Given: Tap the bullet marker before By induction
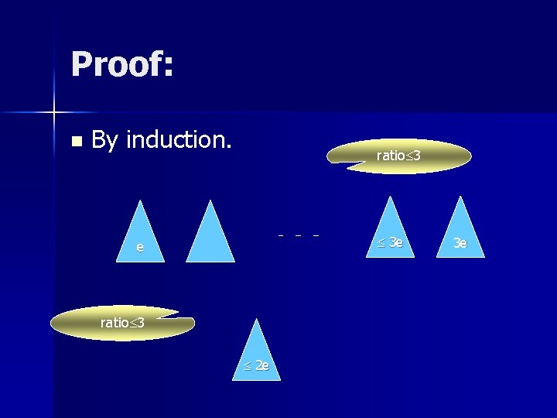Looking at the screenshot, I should tap(75, 142).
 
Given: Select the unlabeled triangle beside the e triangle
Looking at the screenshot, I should tap(210, 237).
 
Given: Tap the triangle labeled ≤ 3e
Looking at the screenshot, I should tap(391, 232).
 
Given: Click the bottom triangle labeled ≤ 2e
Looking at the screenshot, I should tap(257, 356).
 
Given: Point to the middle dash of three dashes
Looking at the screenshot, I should tap(298, 235).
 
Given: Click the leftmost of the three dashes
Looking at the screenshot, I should tap(281, 235).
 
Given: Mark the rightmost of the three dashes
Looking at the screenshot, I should tap(316, 235).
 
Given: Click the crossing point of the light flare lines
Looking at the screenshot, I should tap(54, 113).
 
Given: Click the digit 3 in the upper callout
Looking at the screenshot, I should tap(416, 156).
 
